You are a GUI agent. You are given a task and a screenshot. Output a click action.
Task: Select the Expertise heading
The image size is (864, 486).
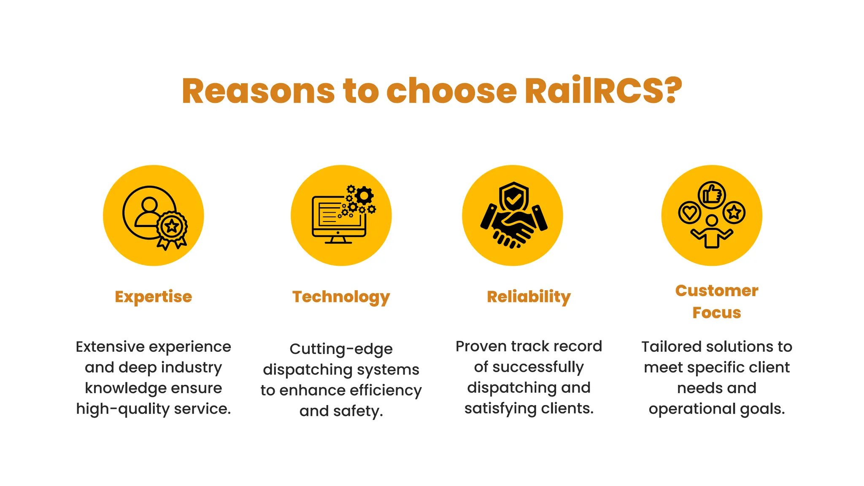(x=153, y=297)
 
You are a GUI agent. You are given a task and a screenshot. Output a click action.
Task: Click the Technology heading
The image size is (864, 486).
(x=341, y=297)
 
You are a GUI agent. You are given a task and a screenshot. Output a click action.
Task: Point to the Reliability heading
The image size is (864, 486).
(x=529, y=297)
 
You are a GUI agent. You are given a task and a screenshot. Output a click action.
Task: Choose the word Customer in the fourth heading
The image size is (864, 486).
(x=716, y=291)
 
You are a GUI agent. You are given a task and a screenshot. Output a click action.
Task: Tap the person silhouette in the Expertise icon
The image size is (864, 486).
(x=148, y=211)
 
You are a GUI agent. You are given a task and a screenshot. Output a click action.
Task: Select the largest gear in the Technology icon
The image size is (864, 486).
(x=364, y=196)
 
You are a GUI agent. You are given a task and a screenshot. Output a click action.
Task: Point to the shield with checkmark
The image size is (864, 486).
(x=513, y=197)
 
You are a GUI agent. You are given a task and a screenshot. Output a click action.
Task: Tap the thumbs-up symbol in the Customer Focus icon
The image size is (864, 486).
(x=712, y=195)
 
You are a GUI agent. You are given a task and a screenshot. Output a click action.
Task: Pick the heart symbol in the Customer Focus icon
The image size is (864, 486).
(x=689, y=212)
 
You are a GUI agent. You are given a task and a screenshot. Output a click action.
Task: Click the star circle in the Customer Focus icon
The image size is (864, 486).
(x=734, y=212)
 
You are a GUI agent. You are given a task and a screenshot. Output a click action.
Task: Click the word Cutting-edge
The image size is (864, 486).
(x=341, y=349)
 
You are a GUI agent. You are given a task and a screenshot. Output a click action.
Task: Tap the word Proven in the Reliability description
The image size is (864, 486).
(x=481, y=346)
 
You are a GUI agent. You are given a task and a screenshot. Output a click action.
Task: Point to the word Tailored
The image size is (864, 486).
(x=671, y=347)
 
